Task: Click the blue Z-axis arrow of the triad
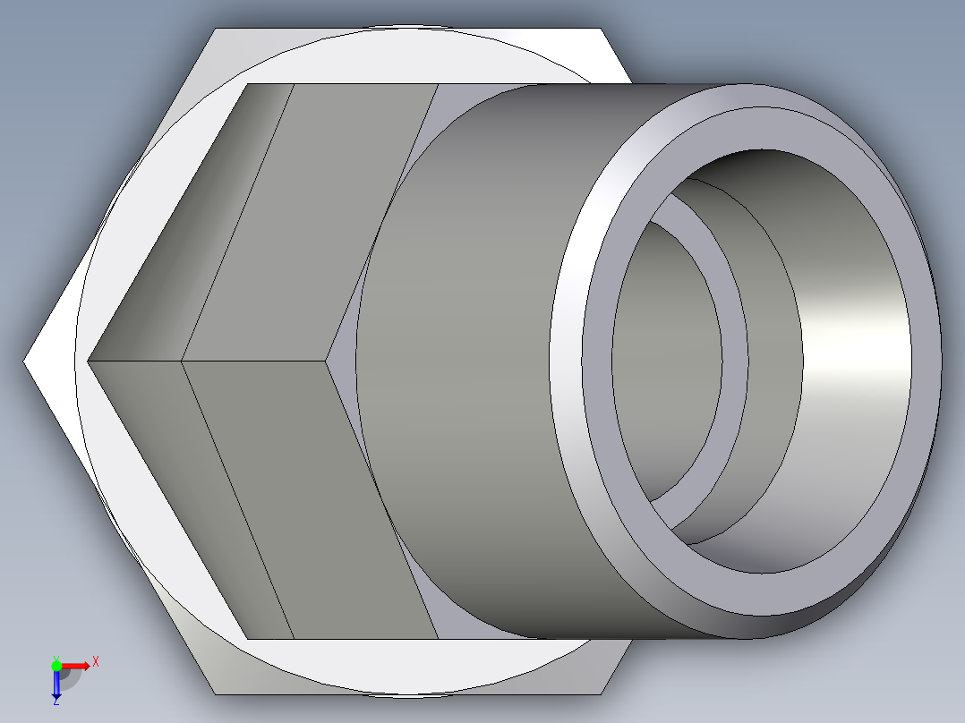coord(56,684)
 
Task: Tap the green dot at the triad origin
coord(56,665)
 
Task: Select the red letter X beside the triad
coord(95,662)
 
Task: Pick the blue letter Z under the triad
coord(56,702)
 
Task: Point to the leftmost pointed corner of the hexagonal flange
coord(25,361)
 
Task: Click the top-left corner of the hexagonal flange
coord(216,30)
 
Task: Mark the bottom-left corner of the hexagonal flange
coord(216,693)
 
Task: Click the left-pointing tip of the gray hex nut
coord(89,361)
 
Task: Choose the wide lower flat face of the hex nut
coord(313,501)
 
